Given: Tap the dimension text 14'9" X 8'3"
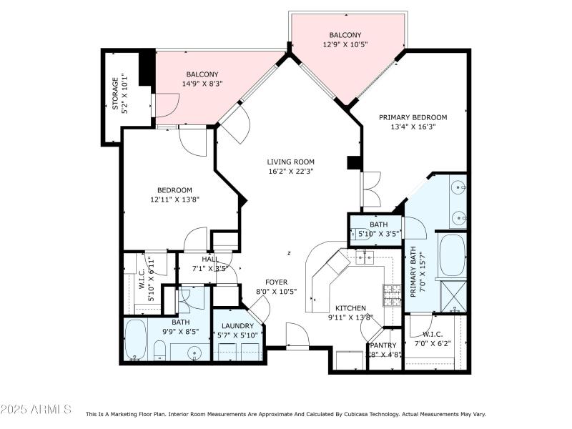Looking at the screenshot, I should point(202,84).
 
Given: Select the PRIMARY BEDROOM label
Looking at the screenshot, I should point(413,117).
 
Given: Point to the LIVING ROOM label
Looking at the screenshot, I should point(290,162).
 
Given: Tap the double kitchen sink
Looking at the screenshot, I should point(365,257).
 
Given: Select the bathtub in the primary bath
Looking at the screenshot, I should point(451,255).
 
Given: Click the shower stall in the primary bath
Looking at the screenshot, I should point(453,295).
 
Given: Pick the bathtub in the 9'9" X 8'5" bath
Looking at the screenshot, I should point(135,340).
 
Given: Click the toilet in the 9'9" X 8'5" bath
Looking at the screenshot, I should point(160,351).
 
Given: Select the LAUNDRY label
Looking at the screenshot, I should point(237,326).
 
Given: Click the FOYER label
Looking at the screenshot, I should point(276,282).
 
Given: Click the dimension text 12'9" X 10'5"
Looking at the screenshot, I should point(345,44).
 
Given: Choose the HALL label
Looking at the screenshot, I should point(210,260).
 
